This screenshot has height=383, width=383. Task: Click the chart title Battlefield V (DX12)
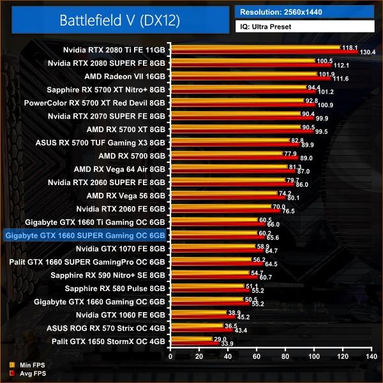[119, 20]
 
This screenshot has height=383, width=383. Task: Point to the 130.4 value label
[368, 52]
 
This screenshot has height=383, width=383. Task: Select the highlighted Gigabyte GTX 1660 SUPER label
[85, 236]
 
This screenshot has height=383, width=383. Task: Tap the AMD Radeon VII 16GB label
[125, 76]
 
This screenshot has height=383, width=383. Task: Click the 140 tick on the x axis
[371, 356]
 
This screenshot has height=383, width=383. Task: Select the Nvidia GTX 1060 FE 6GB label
[120, 315]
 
